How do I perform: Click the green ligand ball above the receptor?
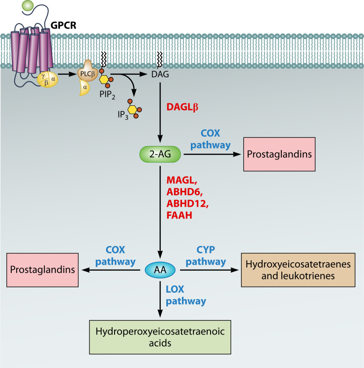[29, 7]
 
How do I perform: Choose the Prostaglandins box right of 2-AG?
[278, 154]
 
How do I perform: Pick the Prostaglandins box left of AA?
[42, 270]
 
